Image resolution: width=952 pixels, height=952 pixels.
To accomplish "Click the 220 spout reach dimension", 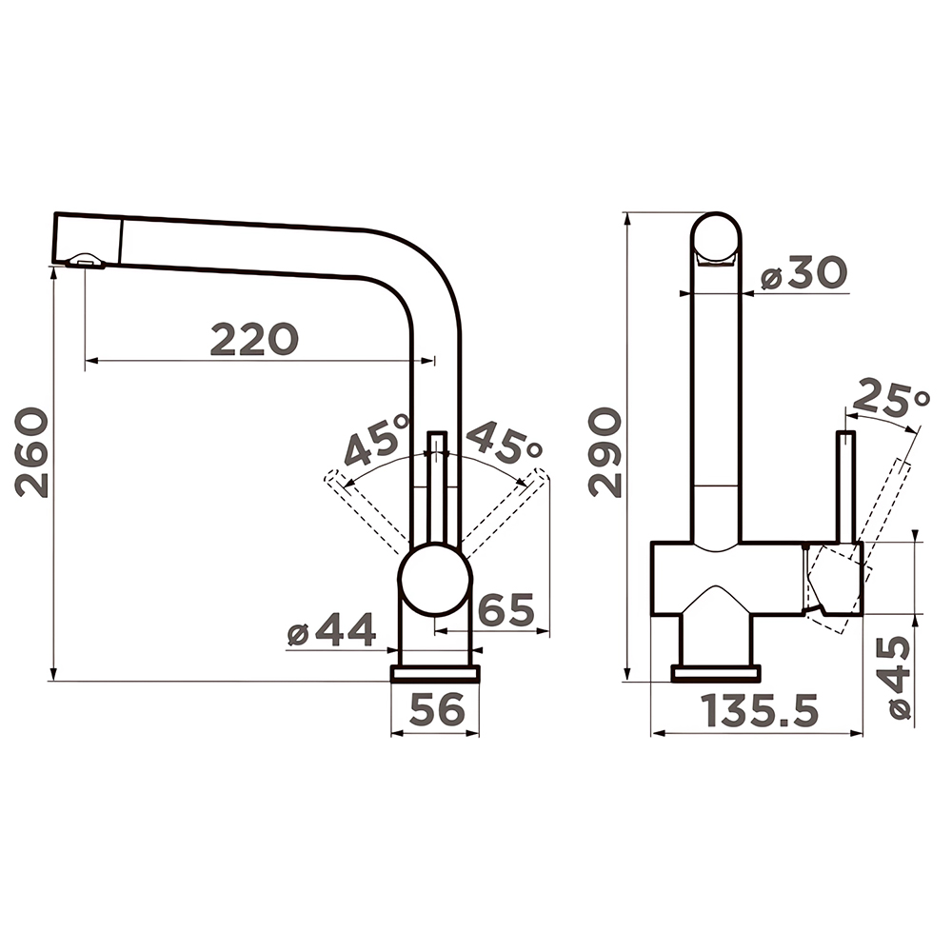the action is tap(254, 340).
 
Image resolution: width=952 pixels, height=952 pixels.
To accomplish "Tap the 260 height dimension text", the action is tap(31, 452).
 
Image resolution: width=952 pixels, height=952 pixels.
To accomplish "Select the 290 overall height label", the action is tap(605, 452).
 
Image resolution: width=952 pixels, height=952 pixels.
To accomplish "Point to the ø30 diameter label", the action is tap(803, 272).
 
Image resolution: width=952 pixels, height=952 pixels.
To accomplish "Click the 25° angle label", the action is tap(891, 398).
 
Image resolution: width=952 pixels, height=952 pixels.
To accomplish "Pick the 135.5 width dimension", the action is tap(759, 710).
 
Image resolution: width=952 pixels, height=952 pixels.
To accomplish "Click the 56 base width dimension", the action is tap(437, 708).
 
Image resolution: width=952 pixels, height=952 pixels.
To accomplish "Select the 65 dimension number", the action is tap(506, 609).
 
